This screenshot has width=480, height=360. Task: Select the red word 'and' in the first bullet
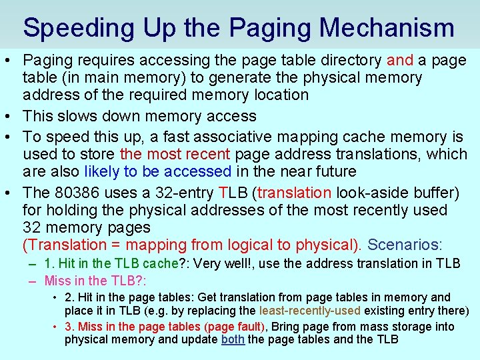[x=400, y=60]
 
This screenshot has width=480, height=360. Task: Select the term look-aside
[x=369, y=193]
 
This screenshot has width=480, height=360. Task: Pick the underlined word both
[x=233, y=340]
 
